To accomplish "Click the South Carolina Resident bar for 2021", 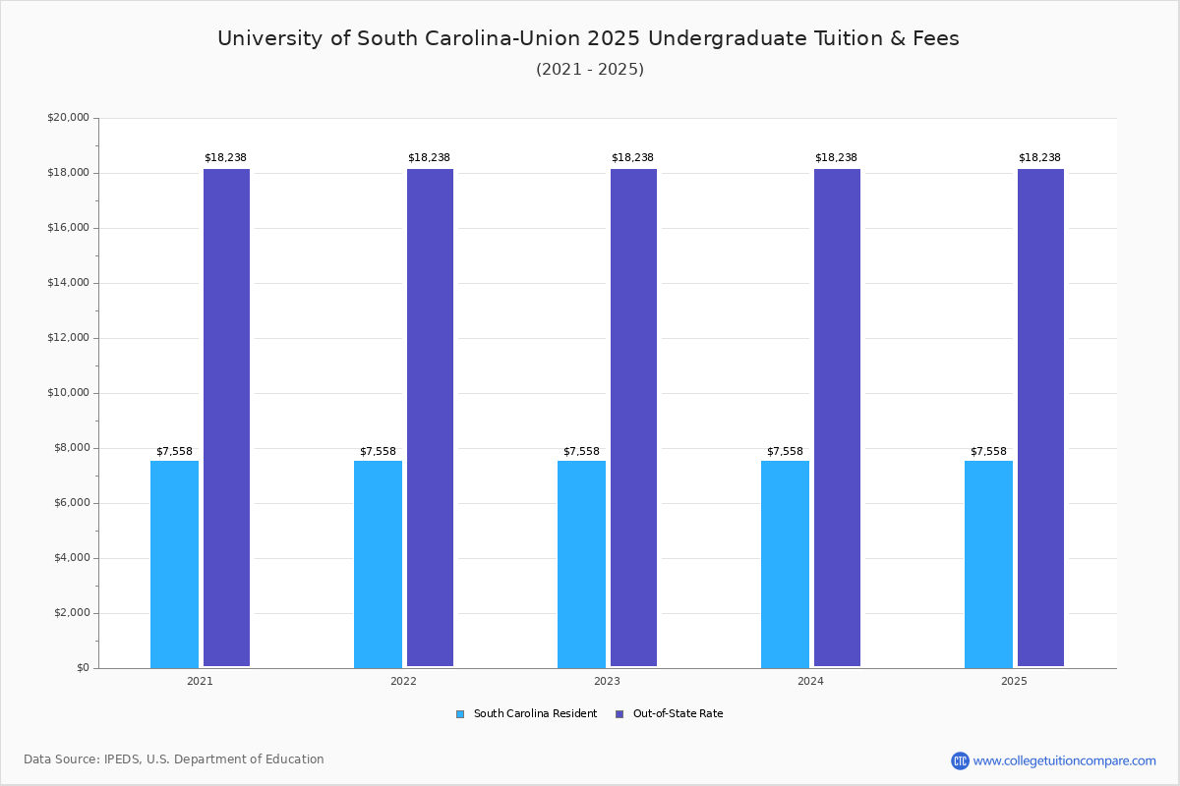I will click(x=174, y=564).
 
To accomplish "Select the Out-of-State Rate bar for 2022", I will click(x=430, y=418).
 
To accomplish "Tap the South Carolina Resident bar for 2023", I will click(x=581, y=564).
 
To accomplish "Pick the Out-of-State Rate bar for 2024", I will click(x=837, y=418).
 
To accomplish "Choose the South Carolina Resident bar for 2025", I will click(x=988, y=564).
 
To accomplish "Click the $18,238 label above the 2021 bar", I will click(x=225, y=157).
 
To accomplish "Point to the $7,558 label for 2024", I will click(x=785, y=451).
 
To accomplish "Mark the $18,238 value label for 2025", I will click(x=1039, y=157).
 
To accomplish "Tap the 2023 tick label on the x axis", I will click(x=607, y=681).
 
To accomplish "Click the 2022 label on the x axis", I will click(x=403, y=681).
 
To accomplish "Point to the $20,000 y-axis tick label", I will click(x=68, y=118).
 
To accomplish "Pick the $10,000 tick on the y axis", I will click(x=68, y=393).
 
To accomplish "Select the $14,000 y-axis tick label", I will click(x=68, y=283).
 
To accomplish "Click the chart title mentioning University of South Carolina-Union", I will click(x=588, y=38).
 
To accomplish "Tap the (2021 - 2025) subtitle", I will click(x=590, y=69).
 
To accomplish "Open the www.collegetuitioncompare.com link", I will click(x=1064, y=760).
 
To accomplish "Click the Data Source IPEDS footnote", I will click(x=174, y=759).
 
